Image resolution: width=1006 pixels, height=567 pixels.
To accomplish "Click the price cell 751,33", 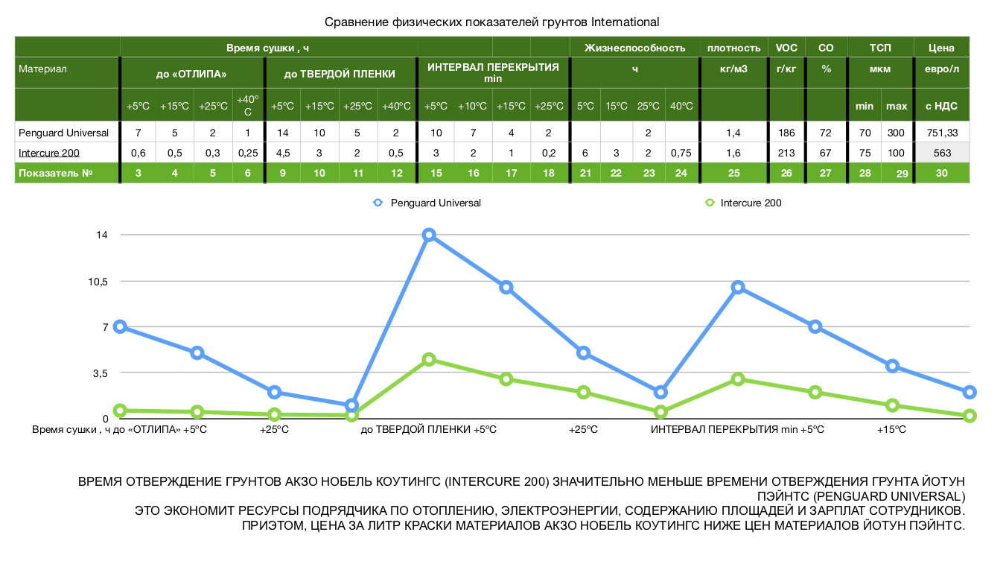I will (941, 133).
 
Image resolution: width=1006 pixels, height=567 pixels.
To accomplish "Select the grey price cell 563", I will (941, 153).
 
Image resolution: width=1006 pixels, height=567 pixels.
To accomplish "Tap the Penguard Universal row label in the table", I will (64, 133).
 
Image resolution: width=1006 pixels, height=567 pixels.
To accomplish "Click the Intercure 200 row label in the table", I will (49, 153).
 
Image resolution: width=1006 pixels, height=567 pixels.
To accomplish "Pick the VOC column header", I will (786, 48).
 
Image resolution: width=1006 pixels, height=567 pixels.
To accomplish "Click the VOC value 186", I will (786, 133).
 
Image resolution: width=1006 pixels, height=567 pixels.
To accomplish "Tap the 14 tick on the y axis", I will (101, 235).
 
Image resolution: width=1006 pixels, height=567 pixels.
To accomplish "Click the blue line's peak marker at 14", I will (429, 235).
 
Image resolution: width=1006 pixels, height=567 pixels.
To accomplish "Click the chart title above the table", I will (492, 22).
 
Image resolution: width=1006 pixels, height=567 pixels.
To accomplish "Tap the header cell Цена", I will (941, 48).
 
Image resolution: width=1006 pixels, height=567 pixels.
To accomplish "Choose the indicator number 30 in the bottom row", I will (941, 173).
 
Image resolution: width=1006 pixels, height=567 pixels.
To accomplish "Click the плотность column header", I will (733, 48).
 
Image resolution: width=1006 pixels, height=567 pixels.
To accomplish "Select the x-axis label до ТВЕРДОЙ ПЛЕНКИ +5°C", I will (428, 430).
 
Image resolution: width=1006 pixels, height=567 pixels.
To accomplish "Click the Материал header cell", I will (43, 69).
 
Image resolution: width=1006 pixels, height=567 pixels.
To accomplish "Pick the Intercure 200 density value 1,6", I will (733, 153).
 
